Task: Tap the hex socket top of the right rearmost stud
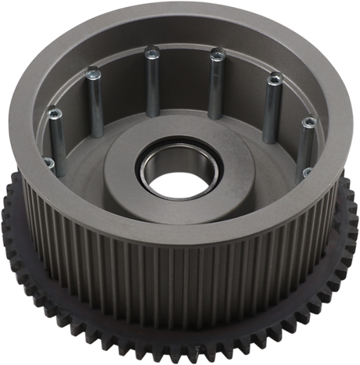pyautogui.click(x=217, y=54)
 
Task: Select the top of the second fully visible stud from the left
pyautogui.click(x=92, y=73)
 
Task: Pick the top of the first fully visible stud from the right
pyautogui.click(x=308, y=123)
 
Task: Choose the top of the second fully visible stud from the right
pyautogui.click(x=274, y=79)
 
